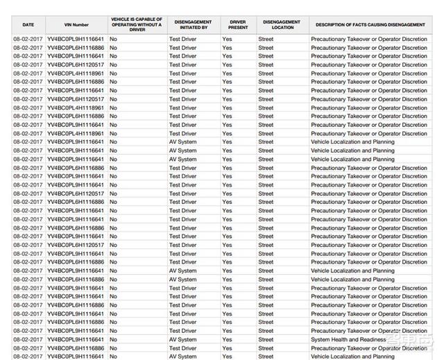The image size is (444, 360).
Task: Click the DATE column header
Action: point(28,25)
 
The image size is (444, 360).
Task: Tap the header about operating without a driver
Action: point(137,25)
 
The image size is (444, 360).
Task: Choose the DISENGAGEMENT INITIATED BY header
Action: point(191,25)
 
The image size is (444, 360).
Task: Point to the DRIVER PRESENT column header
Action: point(237,25)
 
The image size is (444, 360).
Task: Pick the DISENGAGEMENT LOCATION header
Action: point(281,25)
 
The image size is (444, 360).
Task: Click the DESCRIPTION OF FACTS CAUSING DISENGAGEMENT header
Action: point(370,25)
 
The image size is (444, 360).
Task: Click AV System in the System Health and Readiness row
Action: point(183,340)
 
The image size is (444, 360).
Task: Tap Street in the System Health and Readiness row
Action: point(266,340)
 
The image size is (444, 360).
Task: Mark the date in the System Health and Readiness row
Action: point(28,340)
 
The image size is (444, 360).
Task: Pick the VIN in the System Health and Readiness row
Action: point(76,340)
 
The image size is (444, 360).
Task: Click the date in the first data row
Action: point(28,40)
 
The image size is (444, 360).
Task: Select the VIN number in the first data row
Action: point(76,40)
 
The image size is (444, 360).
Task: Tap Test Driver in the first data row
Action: point(183,40)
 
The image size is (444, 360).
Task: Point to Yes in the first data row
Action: point(227,40)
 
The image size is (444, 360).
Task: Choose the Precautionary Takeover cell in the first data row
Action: point(369,40)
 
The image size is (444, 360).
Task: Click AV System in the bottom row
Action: point(183,357)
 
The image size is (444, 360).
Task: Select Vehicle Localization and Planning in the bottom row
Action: point(352,357)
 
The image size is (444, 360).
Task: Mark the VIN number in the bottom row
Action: point(76,357)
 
